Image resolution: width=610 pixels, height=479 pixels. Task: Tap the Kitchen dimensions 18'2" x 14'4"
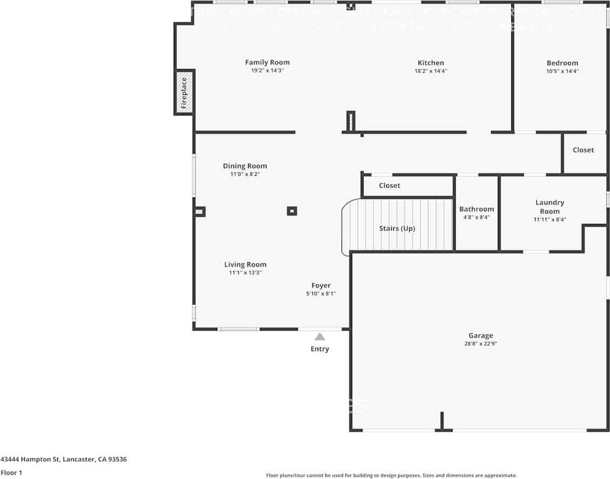[x=430, y=71]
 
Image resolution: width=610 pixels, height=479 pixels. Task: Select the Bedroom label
[x=562, y=63]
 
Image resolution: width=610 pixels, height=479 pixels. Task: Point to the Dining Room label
[x=245, y=166]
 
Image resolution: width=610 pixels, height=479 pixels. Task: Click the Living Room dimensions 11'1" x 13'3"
[x=245, y=273]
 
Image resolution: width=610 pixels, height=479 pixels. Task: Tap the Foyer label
[x=321, y=285]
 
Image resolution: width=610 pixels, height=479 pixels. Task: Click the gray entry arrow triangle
[x=320, y=337]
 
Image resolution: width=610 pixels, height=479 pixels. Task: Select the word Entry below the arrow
[x=320, y=349]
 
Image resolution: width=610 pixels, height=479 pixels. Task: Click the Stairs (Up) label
[x=397, y=229]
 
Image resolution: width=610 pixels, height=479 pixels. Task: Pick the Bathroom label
[x=476, y=209]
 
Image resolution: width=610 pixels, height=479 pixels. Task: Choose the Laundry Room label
[x=550, y=207]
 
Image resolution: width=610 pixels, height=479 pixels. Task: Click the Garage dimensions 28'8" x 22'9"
[x=480, y=344]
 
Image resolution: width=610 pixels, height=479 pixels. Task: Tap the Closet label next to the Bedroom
[x=583, y=150]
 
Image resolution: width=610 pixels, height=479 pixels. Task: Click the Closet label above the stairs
[x=389, y=186]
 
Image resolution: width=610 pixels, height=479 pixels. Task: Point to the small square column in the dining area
[x=292, y=211]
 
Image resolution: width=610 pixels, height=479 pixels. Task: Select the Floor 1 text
[x=12, y=473]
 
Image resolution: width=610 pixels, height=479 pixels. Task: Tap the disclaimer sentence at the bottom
[x=391, y=475]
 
